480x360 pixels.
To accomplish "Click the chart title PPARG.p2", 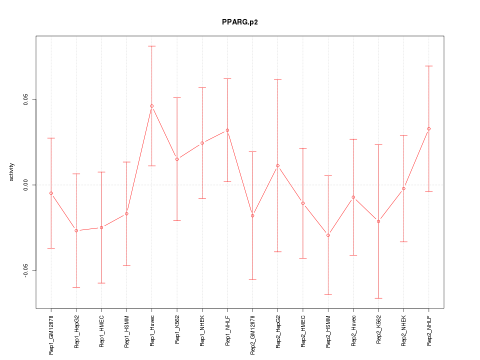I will (x=240, y=22).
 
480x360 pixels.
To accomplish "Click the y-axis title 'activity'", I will (x=12, y=172).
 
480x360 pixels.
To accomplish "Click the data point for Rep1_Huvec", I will (x=152, y=106).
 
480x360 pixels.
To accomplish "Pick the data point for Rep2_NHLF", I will (x=428, y=129).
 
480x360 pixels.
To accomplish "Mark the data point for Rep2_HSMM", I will (x=328, y=235).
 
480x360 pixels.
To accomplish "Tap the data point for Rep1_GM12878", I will (x=51, y=193).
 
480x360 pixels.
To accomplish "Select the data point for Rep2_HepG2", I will (x=277, y=165).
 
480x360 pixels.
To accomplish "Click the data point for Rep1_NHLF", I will (x=227, y=130).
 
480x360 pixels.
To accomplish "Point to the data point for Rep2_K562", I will (x=378, y=221).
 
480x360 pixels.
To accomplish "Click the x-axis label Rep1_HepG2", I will (x=76, y=331).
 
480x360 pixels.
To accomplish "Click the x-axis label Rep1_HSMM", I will (x=127, y=330).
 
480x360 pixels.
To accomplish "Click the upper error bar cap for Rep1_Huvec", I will (x=152, y=46).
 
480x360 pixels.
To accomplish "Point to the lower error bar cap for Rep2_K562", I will (x=378, y=298).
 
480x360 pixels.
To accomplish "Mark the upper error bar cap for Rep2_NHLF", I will (x=428, y=66).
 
